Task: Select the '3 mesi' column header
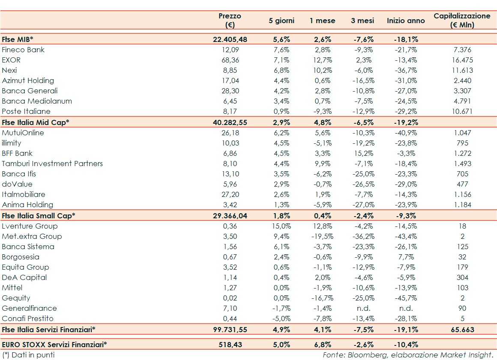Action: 362,21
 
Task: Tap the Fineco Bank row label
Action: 23,50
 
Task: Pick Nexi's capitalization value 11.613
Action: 462,70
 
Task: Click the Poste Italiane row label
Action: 26,111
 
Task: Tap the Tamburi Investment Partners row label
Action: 52,164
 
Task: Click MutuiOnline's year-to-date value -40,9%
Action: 406,133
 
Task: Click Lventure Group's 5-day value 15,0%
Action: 281,226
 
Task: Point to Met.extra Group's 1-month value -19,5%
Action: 321,236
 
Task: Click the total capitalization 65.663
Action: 462,330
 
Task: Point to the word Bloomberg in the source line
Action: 364,355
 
